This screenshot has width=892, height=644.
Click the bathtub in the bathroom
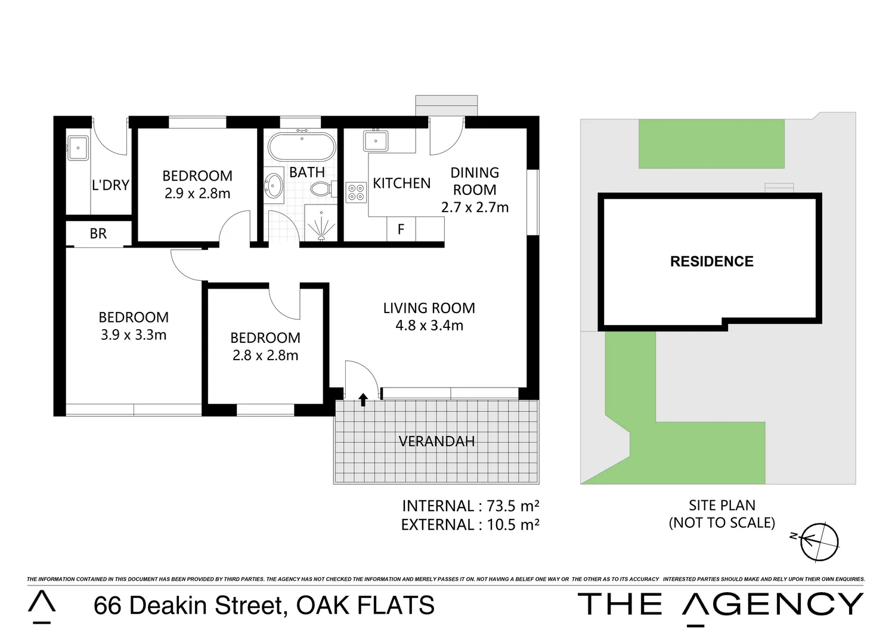pyautogui.click(x=302, y=147)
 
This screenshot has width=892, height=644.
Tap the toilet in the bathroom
pyautogui.click(x=321, y=190)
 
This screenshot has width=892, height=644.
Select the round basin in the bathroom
pyautogui.click(x=274, y=185)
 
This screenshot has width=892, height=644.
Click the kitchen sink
pyautogui.click(x=376, y=141)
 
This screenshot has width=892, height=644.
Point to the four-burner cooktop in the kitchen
pyautogui.click(x=356, y=192)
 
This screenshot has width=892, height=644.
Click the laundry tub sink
pyautogui.click(x=78, y=148)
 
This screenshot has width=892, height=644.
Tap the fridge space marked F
pyautogui.click(x=401, y=230)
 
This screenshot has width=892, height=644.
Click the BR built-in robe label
pyautogui.click(x=98, y=234)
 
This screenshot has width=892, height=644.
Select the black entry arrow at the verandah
pyautogui.click(x=363, y=399)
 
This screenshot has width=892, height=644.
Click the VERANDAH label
pyautogui.click(x=436, y=441)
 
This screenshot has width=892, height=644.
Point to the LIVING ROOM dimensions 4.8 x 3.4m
pyautogui.click(x=429, y=326)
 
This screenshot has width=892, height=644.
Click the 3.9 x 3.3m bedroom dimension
pyautogui.click(x=134, y=335)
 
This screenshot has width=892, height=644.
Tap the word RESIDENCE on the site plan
pyautogui.click(x=711, y=262)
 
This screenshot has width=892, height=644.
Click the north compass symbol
pyautogui.click(x=818, y=542)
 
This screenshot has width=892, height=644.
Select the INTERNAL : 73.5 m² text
pyautogui.click(x=470, y=506)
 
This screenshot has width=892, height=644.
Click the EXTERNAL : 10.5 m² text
pyautogui.click(x=470, y=525)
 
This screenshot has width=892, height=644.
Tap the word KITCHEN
pyautogui.click(x=401, y=183)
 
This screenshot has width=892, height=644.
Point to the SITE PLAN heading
pyautogui.click(x=722, y=505)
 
